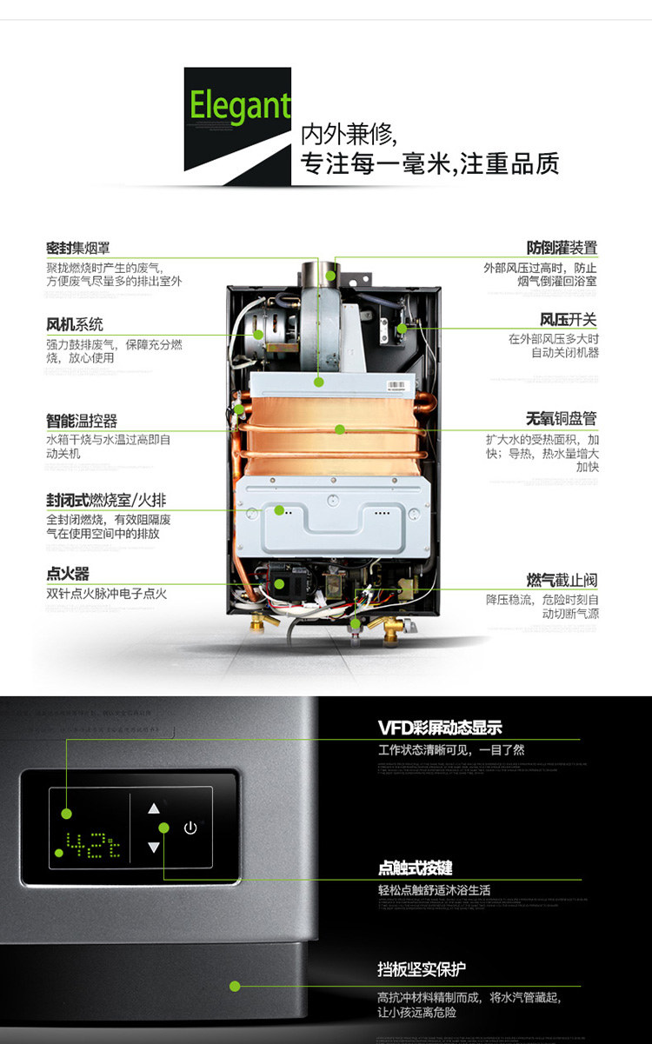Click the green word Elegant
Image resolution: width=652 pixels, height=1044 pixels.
pyautogui.click(x=240, y=106)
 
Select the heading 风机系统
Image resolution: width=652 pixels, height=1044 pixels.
pyautogui.click(x=75, y=324)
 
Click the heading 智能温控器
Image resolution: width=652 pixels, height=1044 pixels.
pyautogui.click(x=82, y=421)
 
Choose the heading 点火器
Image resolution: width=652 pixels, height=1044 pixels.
pyautogui.click(x=68, y=575)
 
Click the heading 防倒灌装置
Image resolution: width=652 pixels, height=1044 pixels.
pyautogui.click(x=562, y=248)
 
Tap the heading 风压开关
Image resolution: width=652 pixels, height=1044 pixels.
pyautogui.click(x=569, y=320)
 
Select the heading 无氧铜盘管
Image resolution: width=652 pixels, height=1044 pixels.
pyautogui.click(x=561, y=419)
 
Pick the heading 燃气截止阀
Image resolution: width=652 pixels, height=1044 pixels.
pyautogui.click(x=562, y=580)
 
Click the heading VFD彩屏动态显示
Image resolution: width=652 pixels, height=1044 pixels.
pyautogui.click(x=440, y=728)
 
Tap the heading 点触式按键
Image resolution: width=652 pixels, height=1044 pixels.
pyautogui.click(x=416, y=868)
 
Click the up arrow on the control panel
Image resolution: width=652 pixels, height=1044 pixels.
pyautogui.click(x=154, y=808)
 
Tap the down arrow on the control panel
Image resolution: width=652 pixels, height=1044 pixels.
pyautogui.click(x=154, y=847)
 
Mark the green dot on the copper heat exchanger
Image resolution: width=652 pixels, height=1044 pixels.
pyautogui.click(x=340, y=429)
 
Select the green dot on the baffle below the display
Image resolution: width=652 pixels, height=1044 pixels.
pyautogui.click(x=235, y=985)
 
